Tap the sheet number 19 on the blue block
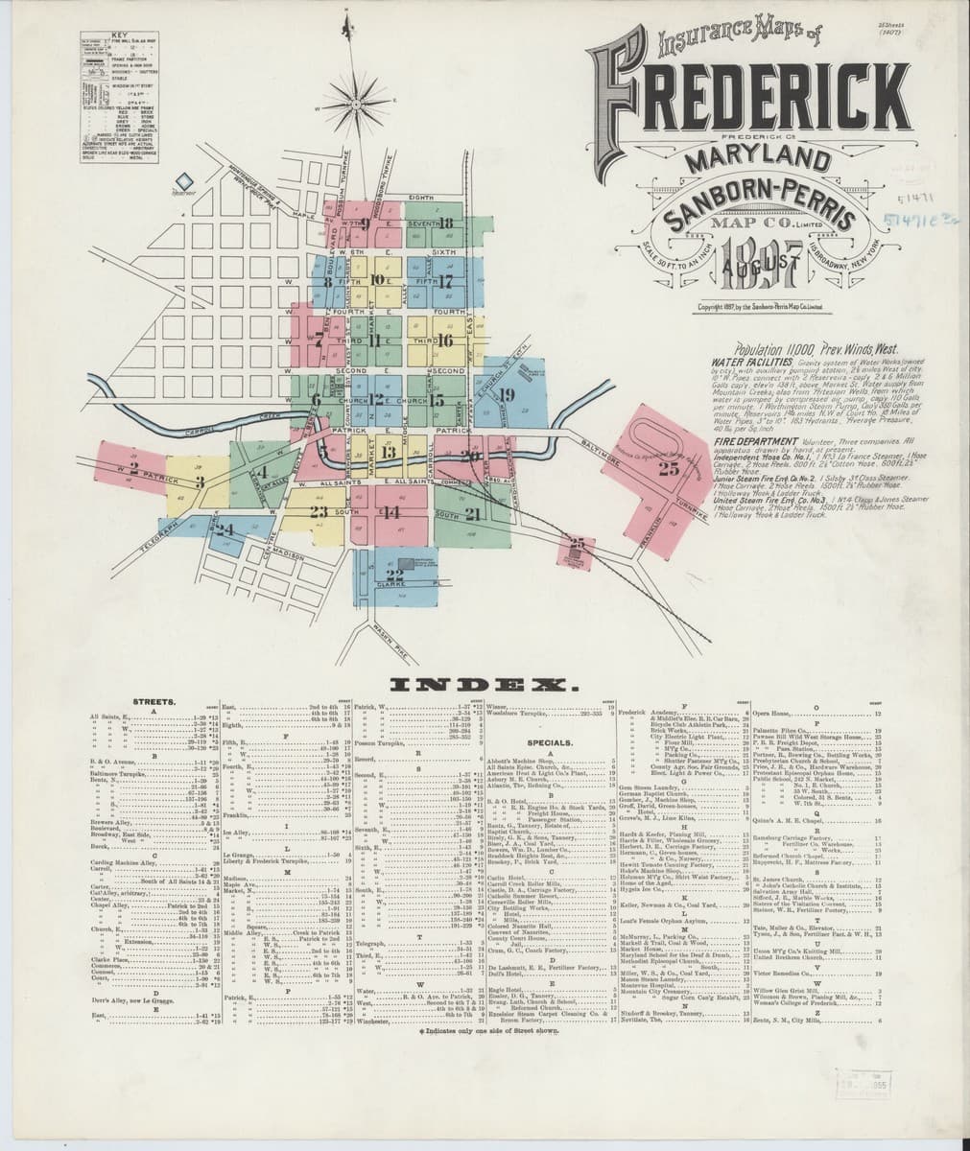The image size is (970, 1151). click(x=506, y=393)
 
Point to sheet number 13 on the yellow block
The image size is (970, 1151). click(x=388, y=452)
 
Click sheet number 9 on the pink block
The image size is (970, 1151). click(x=366, y=225)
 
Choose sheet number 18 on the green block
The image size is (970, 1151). click(x=447, y=223)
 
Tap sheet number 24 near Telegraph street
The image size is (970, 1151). click(x=224, y=529)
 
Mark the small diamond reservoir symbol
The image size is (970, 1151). click(x=185, y=180)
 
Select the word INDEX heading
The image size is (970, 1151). click(x=484, y=686)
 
